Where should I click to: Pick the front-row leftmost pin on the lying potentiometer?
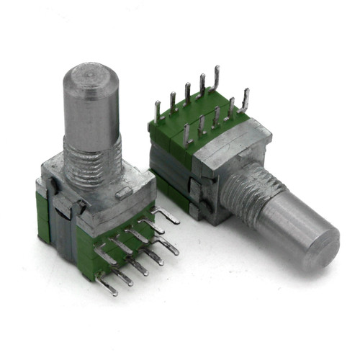pyautogui.click(x=186, y=133)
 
